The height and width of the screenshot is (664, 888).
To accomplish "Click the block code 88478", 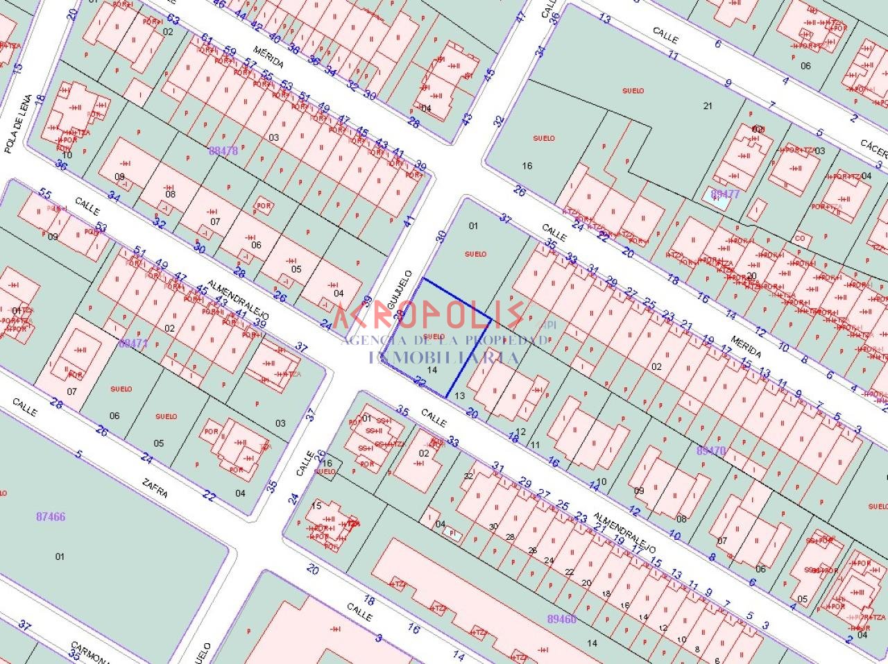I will (x=223, y=150).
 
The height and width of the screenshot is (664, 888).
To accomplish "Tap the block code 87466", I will (x=51, y=516).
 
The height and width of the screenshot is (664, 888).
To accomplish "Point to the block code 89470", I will (x=710, y=450).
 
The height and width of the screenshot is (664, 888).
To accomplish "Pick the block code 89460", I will (x=562, y=618).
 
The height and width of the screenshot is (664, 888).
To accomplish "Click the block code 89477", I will (x=726, y=194).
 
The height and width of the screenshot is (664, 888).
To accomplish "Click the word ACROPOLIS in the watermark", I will (x=429, y=315).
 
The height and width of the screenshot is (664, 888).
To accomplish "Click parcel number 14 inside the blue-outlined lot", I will (x=432, y=371).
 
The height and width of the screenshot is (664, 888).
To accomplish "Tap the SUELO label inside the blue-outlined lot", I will (x=434, y=337).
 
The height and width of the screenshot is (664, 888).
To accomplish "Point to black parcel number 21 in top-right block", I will (x=708, y=105).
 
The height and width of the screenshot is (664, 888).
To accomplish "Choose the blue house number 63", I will (x=173, y=19).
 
